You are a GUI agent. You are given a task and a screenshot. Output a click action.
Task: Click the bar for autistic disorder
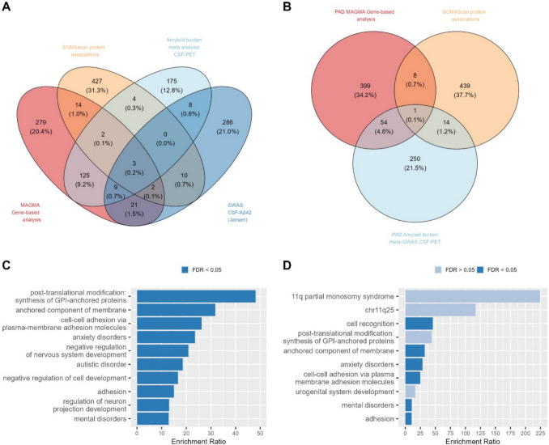click(160, 363)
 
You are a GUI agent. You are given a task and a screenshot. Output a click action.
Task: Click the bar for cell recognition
click(419, 323)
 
